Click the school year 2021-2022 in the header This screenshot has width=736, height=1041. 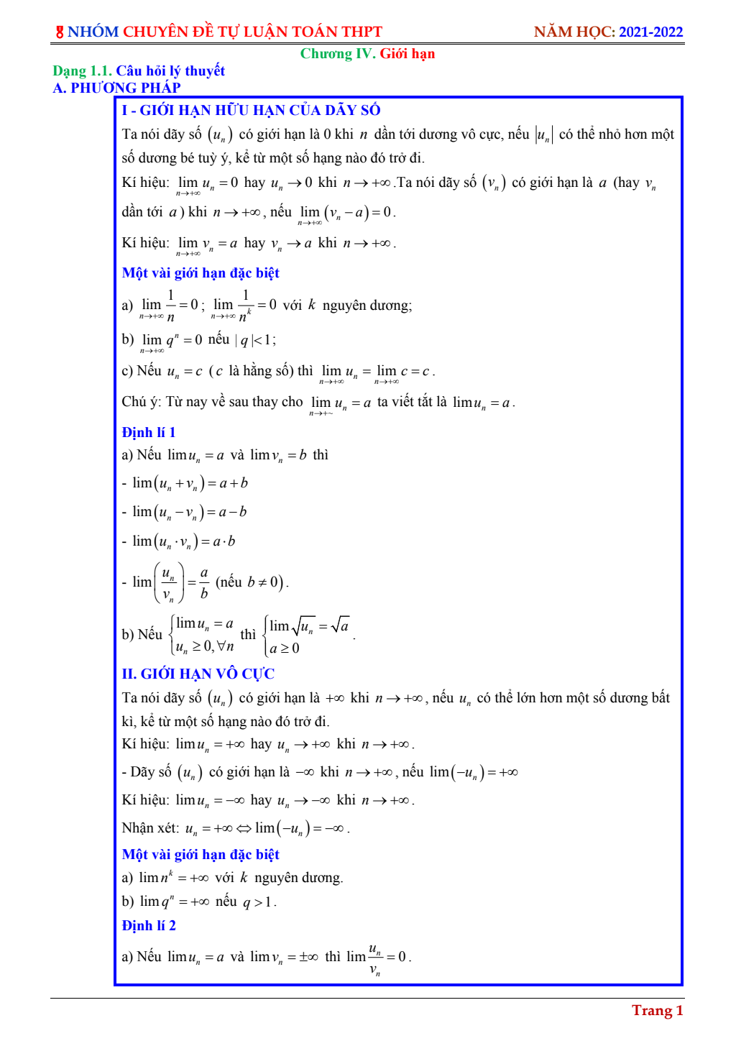[x=650, y=32]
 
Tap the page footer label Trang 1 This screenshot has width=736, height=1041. [x=657, y=1010]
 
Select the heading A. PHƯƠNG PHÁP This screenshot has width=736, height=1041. [x=117, y=88]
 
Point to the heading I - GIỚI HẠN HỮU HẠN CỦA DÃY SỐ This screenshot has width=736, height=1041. [x=251, y=110]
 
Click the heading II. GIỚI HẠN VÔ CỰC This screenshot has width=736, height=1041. [x=198, y=674]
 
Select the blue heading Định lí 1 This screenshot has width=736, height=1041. [x=149, y=432]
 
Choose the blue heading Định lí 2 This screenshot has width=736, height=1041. [x=149, y=925]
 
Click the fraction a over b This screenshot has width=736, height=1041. [x=204, y=582]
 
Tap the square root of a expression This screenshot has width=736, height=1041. [x=340, y=625]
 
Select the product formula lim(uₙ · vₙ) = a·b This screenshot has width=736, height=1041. [x=184, y=541]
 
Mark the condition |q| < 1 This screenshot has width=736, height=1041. [x=255, y=340]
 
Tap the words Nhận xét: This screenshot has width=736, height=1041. [x=150, y=828]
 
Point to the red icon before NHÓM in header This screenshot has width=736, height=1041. [x=60, y=32]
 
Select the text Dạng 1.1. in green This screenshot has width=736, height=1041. [x=83, y=70]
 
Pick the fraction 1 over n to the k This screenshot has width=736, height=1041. [x=245, y=306]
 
